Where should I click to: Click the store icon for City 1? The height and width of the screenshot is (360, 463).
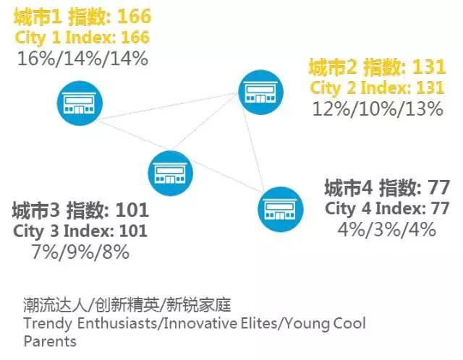80,103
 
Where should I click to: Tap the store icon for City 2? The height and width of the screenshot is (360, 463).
260,92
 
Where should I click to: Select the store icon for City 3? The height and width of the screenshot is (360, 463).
170,173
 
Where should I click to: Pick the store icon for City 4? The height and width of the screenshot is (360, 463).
280,209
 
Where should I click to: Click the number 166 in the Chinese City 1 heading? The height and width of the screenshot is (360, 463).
134,17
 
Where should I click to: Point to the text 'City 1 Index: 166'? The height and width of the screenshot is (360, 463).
82,38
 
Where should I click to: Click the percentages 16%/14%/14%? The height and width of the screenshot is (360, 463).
82,59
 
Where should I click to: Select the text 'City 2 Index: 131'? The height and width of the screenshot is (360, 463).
377,87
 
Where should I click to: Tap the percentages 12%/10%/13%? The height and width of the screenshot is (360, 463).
378,108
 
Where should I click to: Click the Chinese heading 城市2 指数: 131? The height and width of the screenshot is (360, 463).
377,67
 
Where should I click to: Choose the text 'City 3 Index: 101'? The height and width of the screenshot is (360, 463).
80,231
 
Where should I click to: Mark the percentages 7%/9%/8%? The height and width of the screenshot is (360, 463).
80,252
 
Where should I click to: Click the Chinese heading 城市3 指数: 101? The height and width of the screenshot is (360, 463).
80,210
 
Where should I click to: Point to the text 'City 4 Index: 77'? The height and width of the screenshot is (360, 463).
387,208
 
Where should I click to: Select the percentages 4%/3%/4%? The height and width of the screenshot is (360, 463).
387,229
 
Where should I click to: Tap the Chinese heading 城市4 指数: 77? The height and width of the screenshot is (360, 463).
387,187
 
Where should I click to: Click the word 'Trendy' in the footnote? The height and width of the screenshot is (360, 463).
48,324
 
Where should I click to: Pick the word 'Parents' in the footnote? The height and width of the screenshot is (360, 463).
50,341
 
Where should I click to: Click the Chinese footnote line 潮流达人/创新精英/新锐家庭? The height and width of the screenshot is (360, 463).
127,305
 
